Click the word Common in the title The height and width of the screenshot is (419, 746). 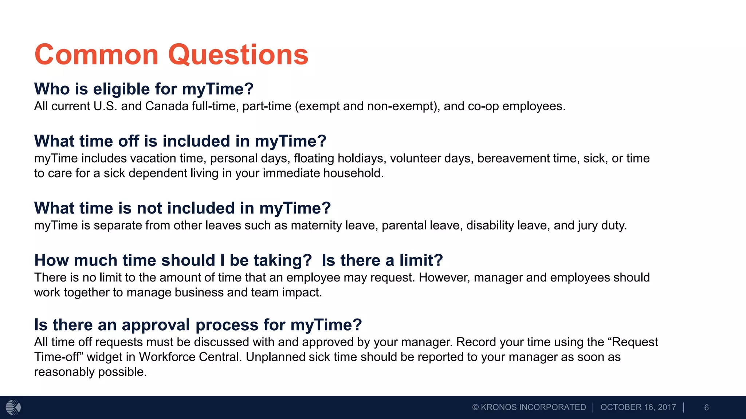(96, 55)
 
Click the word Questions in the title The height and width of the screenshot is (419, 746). (238, 55)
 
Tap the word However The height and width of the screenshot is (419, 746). (444, 278)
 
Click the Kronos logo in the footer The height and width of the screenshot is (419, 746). (13, 407)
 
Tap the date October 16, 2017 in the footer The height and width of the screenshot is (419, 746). (638, 407)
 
